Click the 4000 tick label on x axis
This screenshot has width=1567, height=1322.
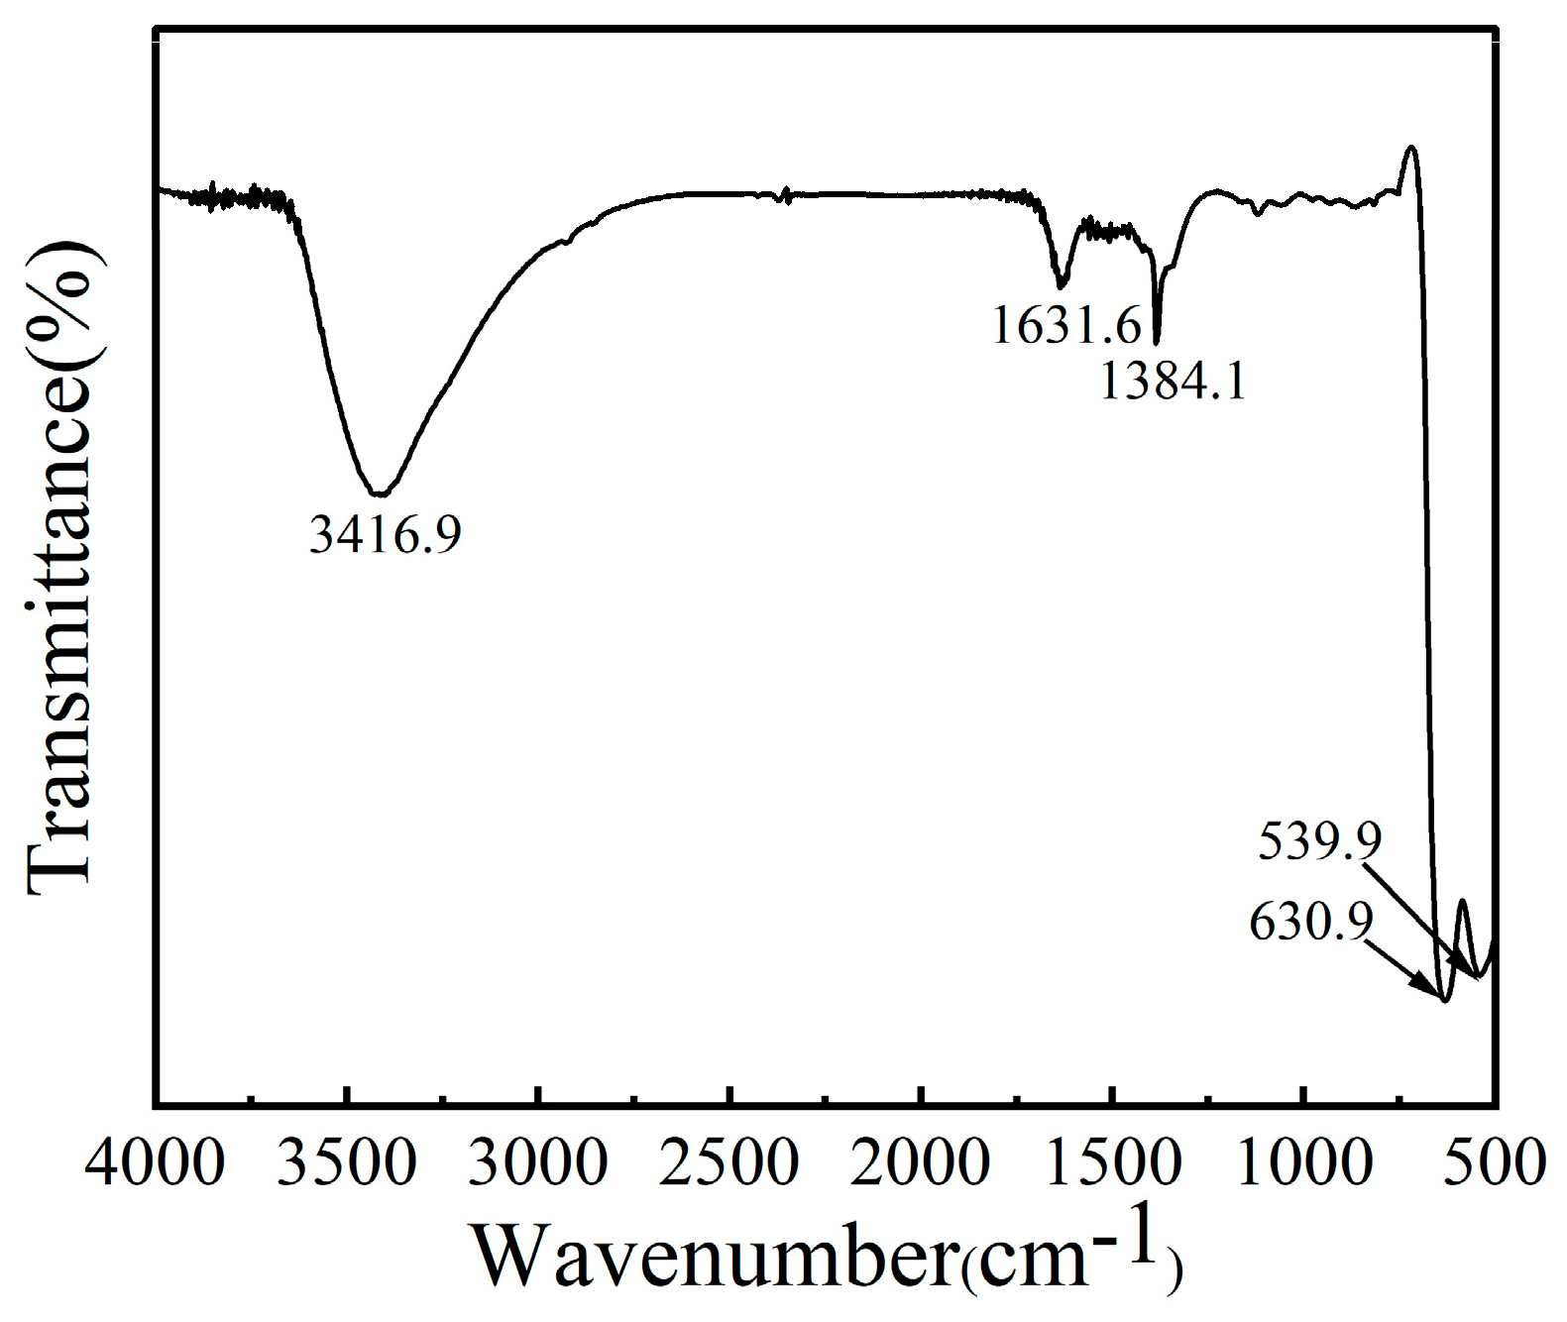coord(155,1163)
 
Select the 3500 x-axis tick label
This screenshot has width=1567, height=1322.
coord(346,1163)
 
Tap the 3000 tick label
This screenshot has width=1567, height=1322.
coord(537,1163)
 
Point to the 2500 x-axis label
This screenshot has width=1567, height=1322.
coord(728,1163)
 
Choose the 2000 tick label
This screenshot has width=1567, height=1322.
coord(920,1163)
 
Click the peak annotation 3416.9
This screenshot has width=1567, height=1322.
coord(386,536)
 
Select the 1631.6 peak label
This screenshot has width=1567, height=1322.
coord(1066,325)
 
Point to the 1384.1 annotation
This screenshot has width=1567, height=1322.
coord(1173,381)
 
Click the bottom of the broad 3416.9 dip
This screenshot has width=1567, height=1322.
coord(381,494)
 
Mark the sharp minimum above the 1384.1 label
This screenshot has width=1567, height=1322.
coord(1157,341)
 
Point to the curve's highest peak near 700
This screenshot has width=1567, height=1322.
coord(1410,148)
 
